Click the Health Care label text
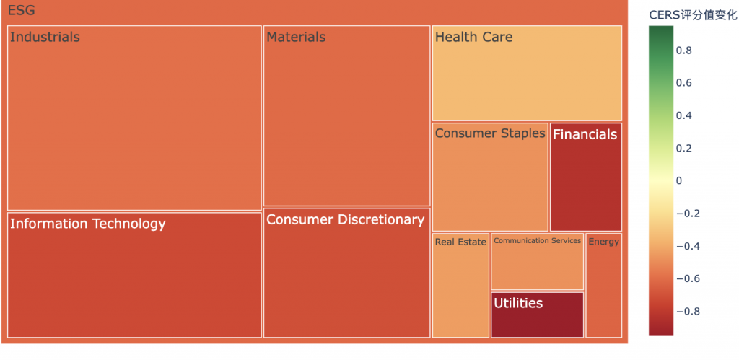tap(473, 38)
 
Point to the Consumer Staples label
tap(490, 133)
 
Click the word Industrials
tap(45, 38)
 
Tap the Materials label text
tap(296, 38)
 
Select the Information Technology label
tap(88, 224)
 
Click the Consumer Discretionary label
tap(345, 220)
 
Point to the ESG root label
tap(21, 12)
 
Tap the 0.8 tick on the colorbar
tap(685, 51)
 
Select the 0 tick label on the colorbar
tap(680, 181)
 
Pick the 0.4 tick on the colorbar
tap(685, 115)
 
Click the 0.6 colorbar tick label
tap(685, 83)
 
